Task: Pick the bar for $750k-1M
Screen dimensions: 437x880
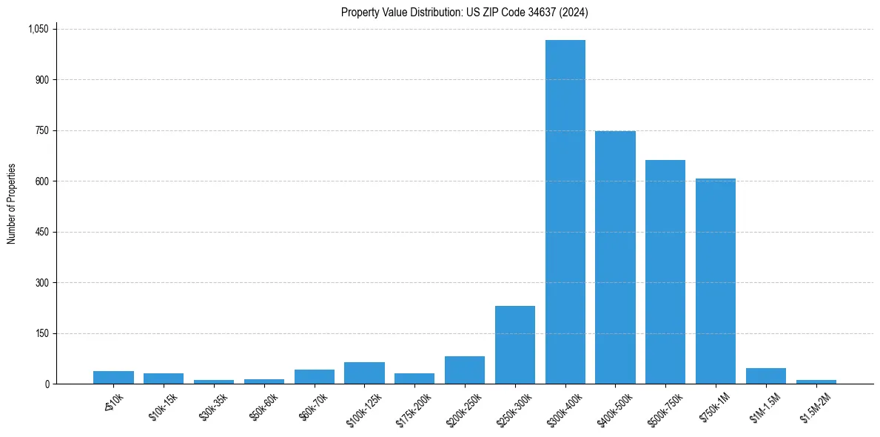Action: pyautogui.click(x=716, y=281)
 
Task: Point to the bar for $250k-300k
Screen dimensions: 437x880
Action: pyautogui.click(x=515, y=345)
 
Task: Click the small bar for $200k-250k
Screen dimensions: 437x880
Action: pyautogui.click(x=465, y=370)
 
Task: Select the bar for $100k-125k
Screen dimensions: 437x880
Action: pyautogui.click(x=364, y=373)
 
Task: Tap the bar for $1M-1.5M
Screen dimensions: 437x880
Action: pyautogui.click(x=766, y=376)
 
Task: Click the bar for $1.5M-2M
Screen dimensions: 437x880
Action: pyautogui.click(x=816, y=382)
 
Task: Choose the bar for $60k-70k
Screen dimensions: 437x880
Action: pyautogui.click(x=315, y=377)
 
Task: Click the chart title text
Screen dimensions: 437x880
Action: pyautogui.click(x=465, y=13)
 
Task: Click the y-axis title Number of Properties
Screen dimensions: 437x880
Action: pyautogui.click(x=12, y=204)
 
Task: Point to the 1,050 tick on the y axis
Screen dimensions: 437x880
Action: pyautogui.click(x=38, y=29)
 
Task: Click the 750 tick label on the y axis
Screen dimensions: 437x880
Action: pyautogui.click(x=41, y=130)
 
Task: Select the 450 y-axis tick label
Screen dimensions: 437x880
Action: pyautogui.click(x=41, y=232)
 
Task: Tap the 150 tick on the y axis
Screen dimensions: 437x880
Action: pyautogui.click(x=41, y=333)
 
